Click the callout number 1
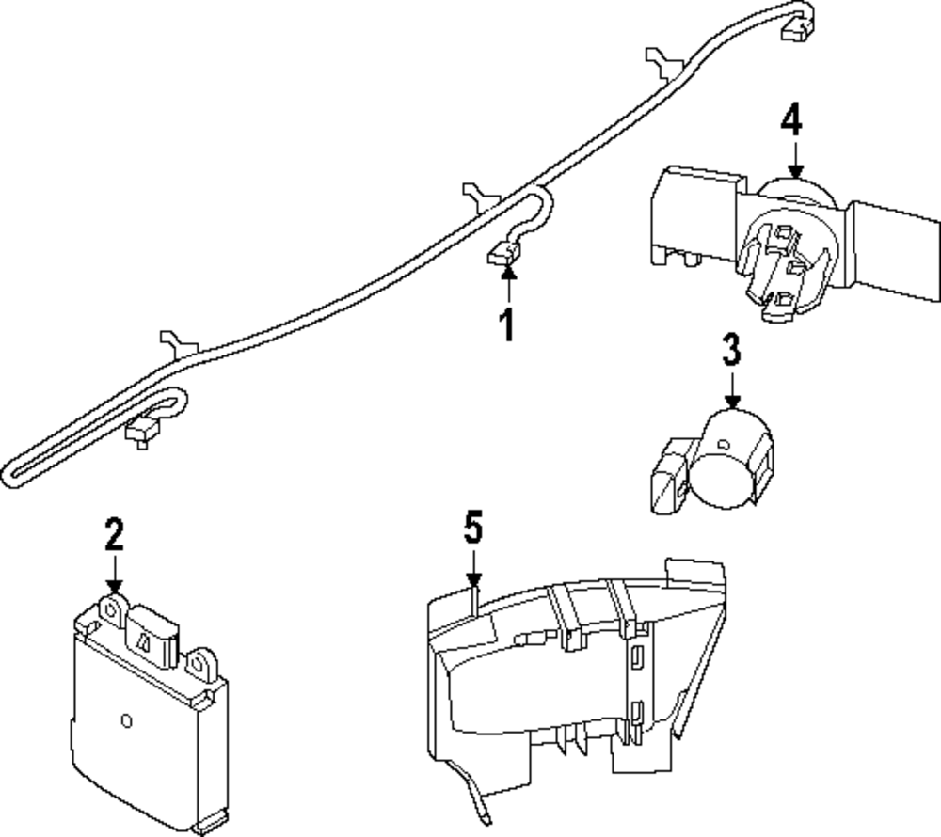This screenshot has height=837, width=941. [x=507, y=325]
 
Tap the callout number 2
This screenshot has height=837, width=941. [x=114, y=535]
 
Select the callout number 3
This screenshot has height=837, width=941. [x=731, y=349]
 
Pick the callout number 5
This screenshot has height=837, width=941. [x=473, y=528]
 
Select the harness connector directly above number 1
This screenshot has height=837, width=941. [x=503, y=254]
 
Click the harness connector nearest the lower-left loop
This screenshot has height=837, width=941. [x=140, y=434]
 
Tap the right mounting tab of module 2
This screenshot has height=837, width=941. [x=199, y=665]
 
